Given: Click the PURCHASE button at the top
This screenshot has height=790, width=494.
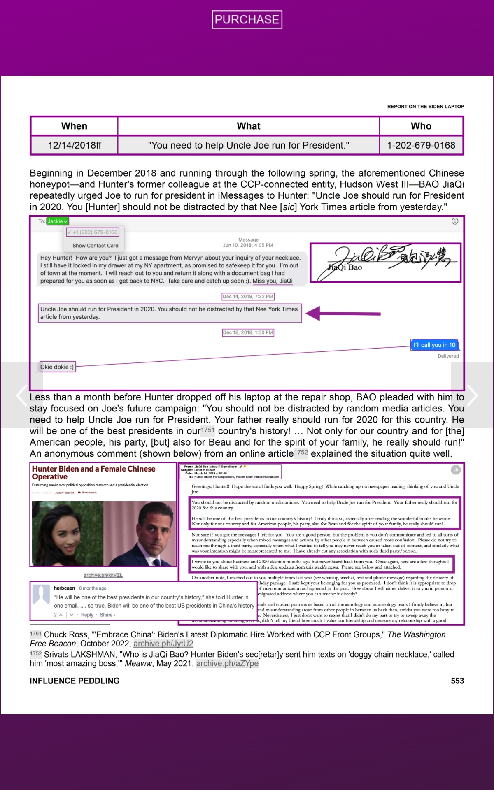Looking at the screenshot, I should [247, 19].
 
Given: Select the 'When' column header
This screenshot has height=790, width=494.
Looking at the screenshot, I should [74, 126].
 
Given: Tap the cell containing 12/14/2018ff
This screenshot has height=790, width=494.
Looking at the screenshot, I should [74, 145].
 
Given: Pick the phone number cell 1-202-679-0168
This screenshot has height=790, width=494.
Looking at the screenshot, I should [421, 145].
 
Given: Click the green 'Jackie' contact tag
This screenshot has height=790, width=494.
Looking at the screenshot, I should [57, 221].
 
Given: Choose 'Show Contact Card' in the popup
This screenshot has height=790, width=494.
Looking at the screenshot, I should [95, 246].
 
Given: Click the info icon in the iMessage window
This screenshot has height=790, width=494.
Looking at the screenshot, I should [455, 221].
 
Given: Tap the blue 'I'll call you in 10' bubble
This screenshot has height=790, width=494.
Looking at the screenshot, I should [434, 345].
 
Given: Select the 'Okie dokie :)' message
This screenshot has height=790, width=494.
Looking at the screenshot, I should [57, 367].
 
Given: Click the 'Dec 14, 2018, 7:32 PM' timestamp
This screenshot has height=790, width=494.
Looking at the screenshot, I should [248, 296].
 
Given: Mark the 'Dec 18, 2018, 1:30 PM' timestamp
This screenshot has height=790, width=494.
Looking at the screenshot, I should [248, 332].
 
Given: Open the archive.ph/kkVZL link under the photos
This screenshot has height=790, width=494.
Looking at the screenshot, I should [103, 575].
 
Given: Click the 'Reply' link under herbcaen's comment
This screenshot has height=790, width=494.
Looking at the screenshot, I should [87, 615].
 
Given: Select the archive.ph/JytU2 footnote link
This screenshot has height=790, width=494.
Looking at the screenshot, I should [163, 644].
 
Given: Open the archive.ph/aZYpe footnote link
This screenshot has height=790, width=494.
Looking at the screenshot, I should [227, 663].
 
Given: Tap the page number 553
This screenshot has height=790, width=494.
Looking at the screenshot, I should [457, 681].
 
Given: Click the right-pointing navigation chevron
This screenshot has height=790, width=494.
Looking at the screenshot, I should [472, 395].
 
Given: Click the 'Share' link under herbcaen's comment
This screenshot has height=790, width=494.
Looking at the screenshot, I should [107, 615].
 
